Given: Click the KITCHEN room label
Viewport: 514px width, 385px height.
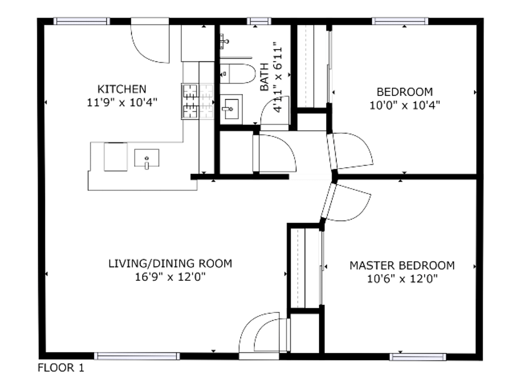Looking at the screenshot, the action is (122, 89).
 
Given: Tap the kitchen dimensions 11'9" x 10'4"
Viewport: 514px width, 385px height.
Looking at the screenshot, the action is (122, 102).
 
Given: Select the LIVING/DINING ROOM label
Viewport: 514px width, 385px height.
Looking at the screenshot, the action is (170, 263).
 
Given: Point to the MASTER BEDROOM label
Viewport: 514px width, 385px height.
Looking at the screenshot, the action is (402, 266).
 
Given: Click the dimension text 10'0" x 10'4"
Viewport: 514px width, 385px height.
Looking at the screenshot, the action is (405, 105).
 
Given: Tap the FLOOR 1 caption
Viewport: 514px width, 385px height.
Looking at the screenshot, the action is (61, 368).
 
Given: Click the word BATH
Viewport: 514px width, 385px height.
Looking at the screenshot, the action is (264, 77).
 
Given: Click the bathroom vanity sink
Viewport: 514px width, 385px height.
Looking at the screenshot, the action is (231, 109).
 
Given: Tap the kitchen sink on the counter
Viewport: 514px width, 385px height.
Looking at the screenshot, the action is (147, 158).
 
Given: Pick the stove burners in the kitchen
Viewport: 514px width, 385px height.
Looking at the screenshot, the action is (190, 102).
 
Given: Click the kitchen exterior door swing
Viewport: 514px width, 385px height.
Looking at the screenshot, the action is (150, 43).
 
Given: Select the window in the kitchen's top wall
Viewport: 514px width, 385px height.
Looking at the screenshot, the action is (82, 21).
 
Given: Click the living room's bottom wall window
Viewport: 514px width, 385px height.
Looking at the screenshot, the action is (137, 356).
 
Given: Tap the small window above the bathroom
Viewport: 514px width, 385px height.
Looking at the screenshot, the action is (259, 21).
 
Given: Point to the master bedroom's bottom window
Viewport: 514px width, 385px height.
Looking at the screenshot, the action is (418, 357).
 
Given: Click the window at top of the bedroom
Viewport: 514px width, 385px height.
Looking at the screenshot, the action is (400, 21).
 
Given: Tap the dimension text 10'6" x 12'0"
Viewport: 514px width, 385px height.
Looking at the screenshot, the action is (402, 279).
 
